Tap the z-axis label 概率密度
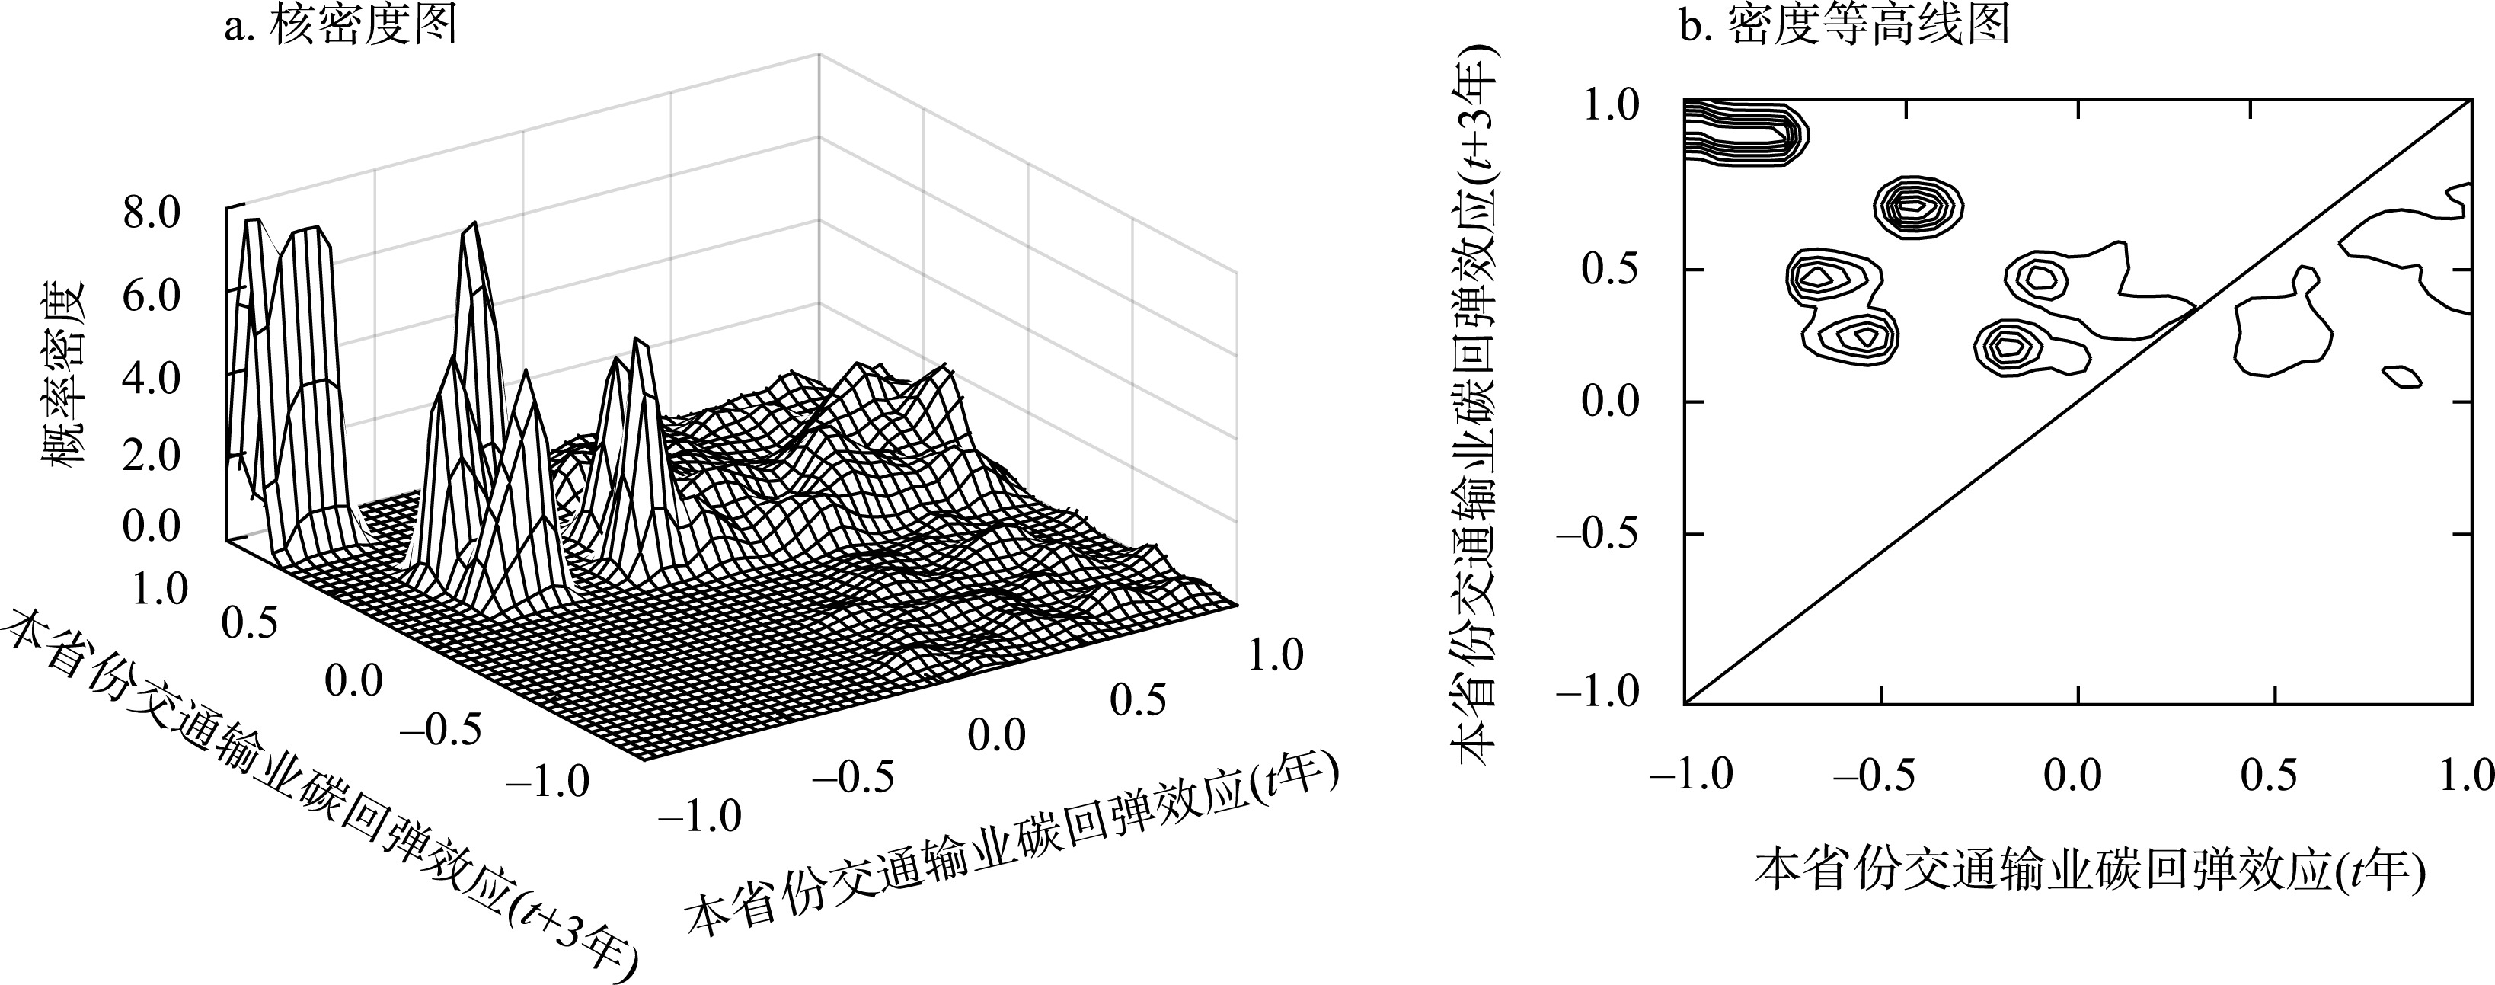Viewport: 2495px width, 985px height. pos(65,372)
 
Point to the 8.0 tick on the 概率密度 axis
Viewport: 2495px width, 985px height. pos(152,214)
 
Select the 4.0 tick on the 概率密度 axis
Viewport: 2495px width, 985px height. pos(152,378)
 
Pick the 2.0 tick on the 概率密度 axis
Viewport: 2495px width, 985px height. pos(152,456)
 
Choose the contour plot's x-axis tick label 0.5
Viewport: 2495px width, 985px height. pos(2273,776)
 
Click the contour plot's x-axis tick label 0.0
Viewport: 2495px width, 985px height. pos(2073,776)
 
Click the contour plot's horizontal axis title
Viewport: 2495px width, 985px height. pos(2090,868)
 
